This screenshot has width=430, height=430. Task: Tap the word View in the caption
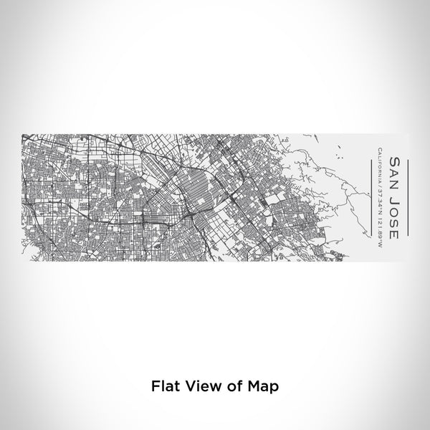click(x=198, y=385)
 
